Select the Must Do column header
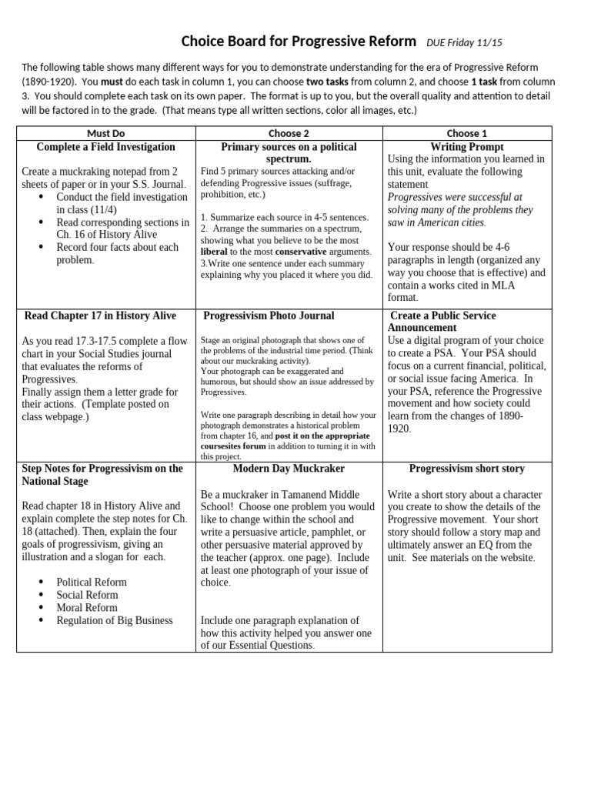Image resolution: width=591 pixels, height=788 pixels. tap(106, 133)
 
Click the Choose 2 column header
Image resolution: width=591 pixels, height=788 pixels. tap(289, 133)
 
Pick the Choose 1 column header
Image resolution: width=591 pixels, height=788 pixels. tap(467, 133)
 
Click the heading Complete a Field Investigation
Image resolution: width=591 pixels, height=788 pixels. tap(106, 146)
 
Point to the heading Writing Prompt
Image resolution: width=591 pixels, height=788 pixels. tap(468, 146)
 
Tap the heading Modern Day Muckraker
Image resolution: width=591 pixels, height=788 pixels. tap(289, 468)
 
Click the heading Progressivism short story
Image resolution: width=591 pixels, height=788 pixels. tap(467, 468)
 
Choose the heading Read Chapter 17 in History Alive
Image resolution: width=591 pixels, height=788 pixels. tap(100, 316)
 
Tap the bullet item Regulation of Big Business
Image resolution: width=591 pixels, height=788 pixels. tap(115, 620)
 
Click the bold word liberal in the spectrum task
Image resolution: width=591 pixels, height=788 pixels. tap(214, 252)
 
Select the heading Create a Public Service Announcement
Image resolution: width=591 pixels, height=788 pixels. tap(443, 322)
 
